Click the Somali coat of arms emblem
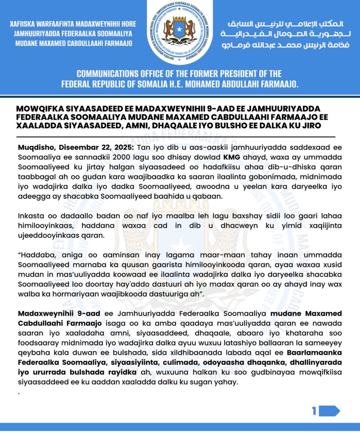point(179,31)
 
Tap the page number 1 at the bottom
point(314,411)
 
